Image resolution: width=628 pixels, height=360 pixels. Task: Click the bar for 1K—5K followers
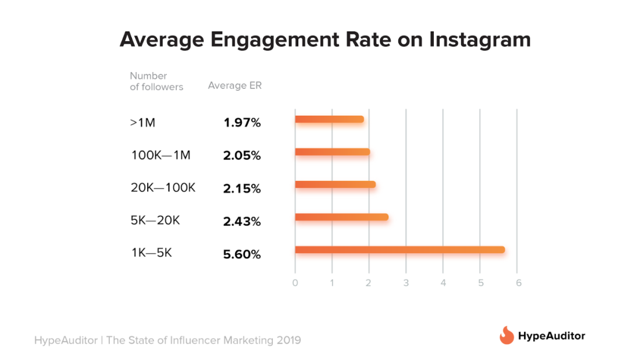(x=399, y=250)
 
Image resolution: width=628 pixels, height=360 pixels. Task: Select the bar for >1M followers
(x=329, y=119)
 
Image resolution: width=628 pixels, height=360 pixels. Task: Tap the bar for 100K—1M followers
(x=332, y=152)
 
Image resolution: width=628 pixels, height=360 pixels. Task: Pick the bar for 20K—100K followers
(x=335, y=185)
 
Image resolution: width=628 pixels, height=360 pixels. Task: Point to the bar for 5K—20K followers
(x=341, y=218)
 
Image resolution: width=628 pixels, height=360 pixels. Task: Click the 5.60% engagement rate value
(x=242, y=254)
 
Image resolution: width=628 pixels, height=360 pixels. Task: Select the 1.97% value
(x=242, y=123)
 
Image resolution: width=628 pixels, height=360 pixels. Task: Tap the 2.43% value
(x=242, y=222)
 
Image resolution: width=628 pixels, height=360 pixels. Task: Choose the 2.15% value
(x=242, y=188)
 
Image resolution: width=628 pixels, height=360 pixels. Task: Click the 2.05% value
(x=242, y=156)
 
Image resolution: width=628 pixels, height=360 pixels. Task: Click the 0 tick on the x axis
(x=295, y=283)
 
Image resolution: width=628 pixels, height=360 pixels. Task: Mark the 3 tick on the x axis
(x=406, y=283)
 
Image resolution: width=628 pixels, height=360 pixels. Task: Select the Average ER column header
(x=235, y=86)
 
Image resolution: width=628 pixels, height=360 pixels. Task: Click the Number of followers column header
(x=156, y=81)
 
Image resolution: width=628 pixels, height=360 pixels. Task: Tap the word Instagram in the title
(x=480, y=40)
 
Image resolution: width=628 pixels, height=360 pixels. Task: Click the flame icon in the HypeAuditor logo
(x=506, y=336)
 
